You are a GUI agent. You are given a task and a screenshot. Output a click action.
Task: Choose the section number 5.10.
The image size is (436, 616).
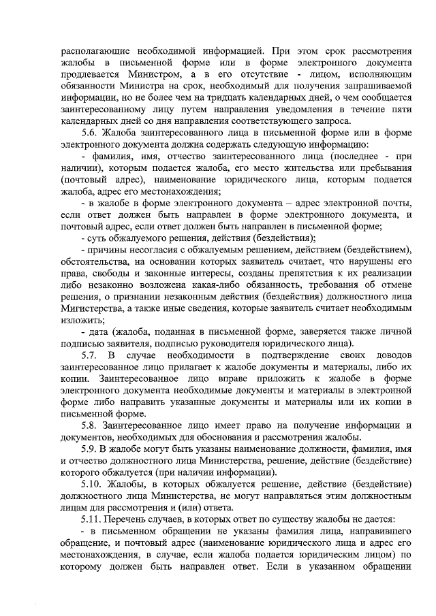pos(93,483)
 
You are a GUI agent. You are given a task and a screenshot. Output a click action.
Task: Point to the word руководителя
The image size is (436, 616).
pos(221,343)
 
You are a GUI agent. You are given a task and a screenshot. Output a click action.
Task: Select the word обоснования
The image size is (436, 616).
pos(231,437)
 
